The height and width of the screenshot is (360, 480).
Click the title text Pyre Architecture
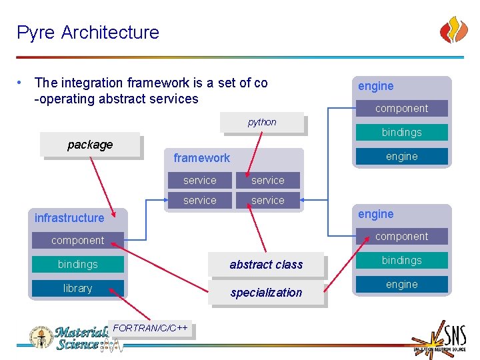tap(88, 32)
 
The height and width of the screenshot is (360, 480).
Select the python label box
tap(262, 122)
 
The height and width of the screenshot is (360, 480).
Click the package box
tap(90, 145)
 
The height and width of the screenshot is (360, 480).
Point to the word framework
tap(201, 158)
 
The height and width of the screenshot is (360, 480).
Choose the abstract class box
tap(266, 265)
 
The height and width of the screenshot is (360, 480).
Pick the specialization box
tap(266, 293)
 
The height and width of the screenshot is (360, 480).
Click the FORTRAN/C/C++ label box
tap(151, 329)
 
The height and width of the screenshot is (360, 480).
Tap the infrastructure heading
tap(69, 218)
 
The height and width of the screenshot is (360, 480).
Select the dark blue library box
tap(77, 289)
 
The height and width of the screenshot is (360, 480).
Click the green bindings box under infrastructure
tap(77, 265)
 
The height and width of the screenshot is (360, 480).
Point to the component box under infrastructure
tap(77, 241)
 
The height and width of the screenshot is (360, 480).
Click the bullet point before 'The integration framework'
tap(22, 83)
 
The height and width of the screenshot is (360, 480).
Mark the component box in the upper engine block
tap(401, 109)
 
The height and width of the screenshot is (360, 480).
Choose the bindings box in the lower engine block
tap(401, 261)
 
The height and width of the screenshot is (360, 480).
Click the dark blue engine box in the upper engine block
tap(401, 157)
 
